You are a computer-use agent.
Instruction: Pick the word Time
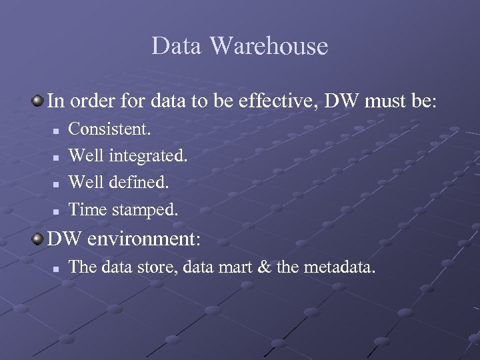(x=88, y=211)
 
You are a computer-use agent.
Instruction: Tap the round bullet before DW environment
(x=37, y=238)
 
